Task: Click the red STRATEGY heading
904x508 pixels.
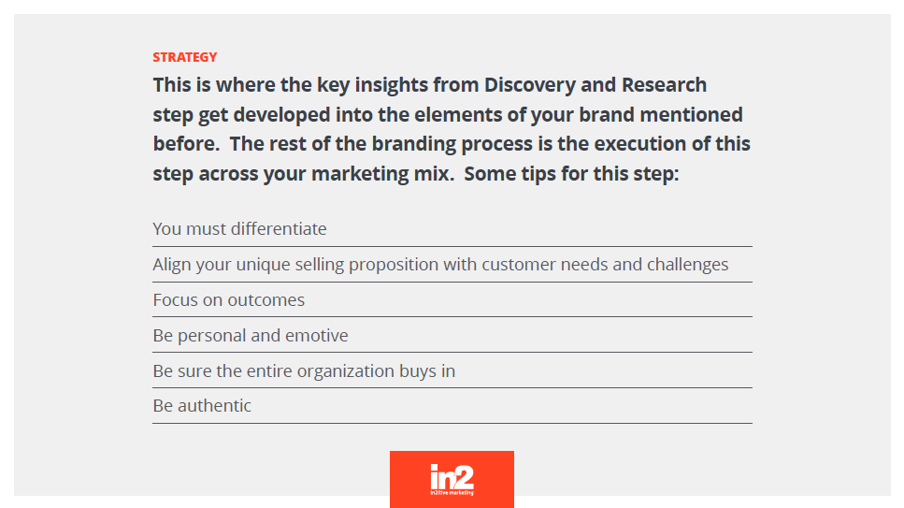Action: click(x=185, y=57)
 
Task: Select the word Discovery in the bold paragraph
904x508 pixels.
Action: click(x=530, y=85)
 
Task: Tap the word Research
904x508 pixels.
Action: click(x=664, y=85)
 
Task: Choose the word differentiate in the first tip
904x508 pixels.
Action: click(x=279, y=228)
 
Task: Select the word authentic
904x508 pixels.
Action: click(x=214, y=406)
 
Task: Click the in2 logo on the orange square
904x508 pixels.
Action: click(x=452, y=480)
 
